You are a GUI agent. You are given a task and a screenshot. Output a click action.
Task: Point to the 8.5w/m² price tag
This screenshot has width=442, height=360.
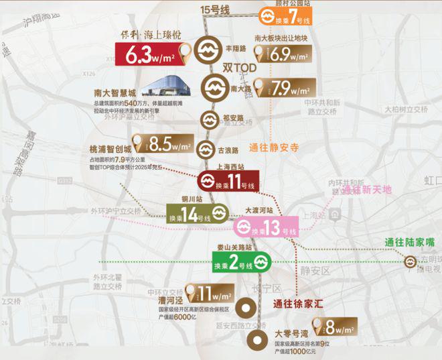[x=161, y=142]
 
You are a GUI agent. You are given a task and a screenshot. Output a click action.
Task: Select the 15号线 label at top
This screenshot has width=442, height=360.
[x=215, y=9]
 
